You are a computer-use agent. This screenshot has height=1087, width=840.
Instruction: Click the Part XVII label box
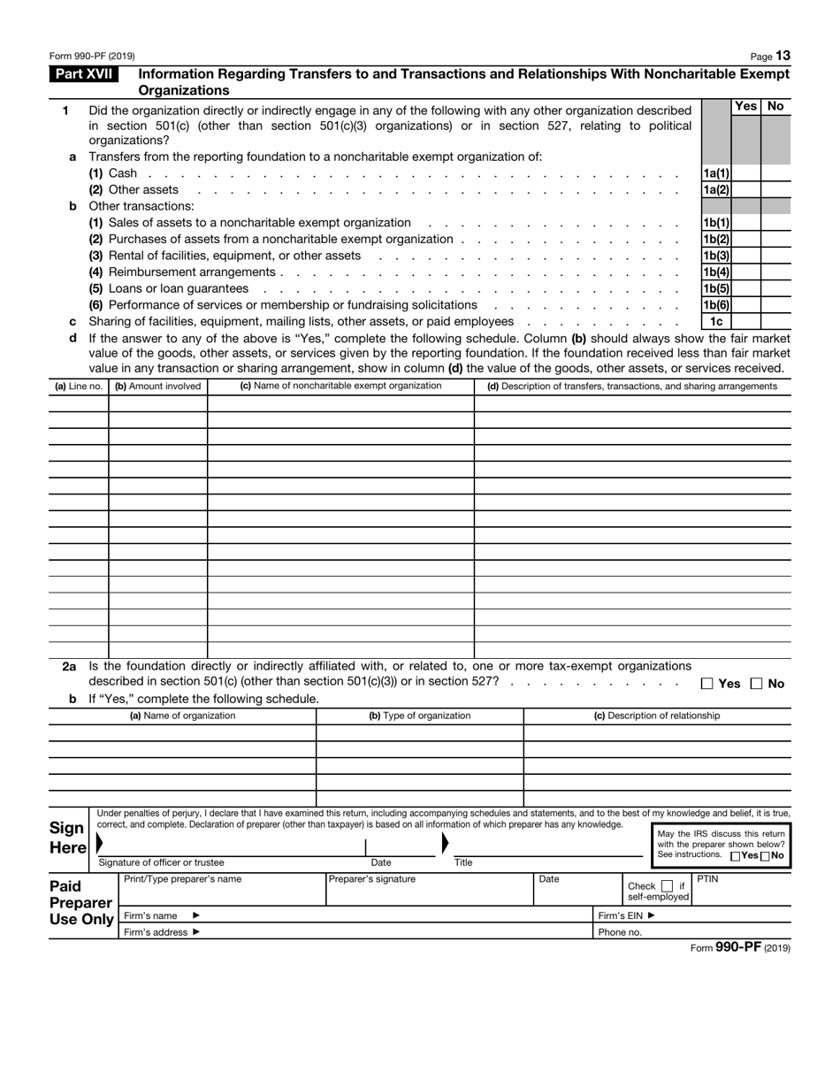click(84, 75)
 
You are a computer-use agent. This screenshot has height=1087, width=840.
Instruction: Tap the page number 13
click(783, 56)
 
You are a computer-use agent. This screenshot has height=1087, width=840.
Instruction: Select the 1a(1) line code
click(716, 173)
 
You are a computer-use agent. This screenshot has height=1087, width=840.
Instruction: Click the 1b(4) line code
click(716, 272)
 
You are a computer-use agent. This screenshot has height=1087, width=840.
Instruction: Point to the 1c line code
click(716, 321)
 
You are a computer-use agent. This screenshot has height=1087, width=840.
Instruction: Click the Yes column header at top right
click(746, 106)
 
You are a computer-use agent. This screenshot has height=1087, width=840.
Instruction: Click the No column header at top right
click(775, 106)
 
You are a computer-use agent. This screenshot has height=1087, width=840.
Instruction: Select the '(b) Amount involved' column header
click(157, 387)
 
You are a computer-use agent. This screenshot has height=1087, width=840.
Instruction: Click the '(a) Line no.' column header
click(78, 387)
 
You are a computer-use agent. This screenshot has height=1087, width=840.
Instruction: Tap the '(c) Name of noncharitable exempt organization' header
click(340, 387)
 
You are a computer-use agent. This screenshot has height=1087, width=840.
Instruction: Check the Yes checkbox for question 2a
click(707, 684)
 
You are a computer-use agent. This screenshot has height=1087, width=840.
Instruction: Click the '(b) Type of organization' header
click(419, 716)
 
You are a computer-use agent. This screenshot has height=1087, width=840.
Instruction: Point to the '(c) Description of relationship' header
click(656, 716)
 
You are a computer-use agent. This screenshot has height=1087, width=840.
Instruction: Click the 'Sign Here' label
click(67, 838)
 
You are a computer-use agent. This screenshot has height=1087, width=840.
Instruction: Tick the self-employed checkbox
click(668, 886)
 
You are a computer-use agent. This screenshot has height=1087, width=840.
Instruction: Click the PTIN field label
click(707, 879)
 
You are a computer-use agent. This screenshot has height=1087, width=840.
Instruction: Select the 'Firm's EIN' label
click(627, 916)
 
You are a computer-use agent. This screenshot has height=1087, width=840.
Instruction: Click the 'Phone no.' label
click(620, 932)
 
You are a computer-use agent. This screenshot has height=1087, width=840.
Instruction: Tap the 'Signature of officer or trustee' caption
click(161, 862)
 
